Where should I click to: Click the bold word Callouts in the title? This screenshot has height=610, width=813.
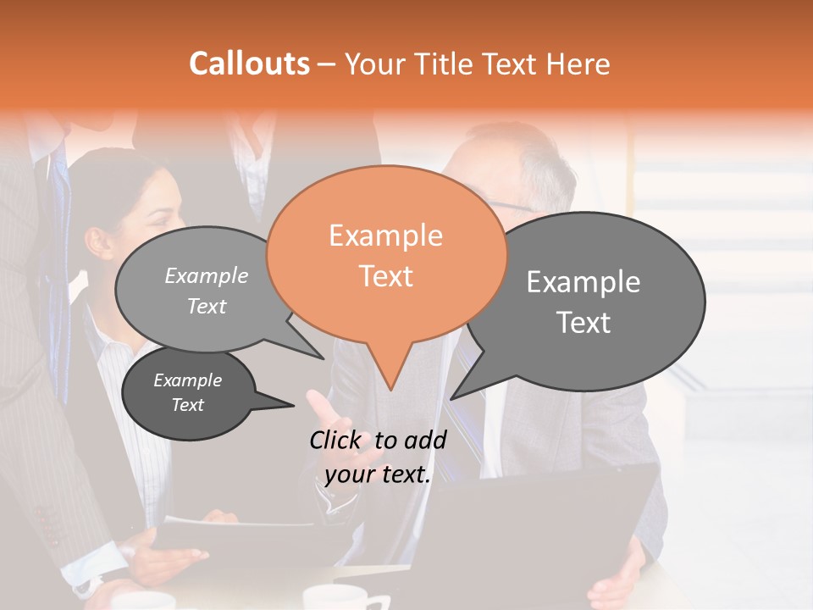pyautogui.click(x=249, y=64)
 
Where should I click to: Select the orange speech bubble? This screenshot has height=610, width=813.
pyautogui.click(x=386, y=254)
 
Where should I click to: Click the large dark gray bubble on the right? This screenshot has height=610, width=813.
pyautogui.click(x=584, y=301)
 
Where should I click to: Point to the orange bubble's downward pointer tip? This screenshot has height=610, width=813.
pyautogui.click(x=390, y=389)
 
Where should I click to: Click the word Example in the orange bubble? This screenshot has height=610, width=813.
pyautogui.click(x=386, y=236)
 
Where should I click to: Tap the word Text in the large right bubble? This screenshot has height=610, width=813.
pyautogui.click(x=584, y=323)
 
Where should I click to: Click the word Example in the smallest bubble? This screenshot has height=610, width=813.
pyautogui.click(x=188, y=380)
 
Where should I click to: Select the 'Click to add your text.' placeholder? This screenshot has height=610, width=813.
pyautogui.click(x=378, y=457)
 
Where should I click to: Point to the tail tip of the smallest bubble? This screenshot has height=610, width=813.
pyautogui.click(x=294, y=406)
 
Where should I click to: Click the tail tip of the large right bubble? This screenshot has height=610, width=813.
pyautogui.click(x=451, y=398)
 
